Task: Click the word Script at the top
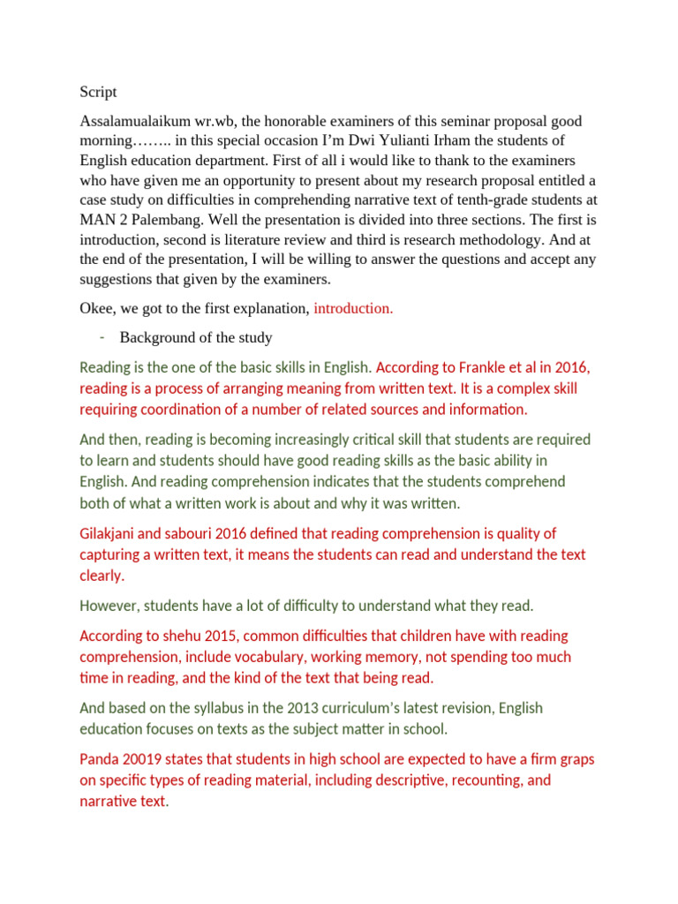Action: (x=97, y=92)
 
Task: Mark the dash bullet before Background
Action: (x=102, y=336)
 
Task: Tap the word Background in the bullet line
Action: (x=154, y=337)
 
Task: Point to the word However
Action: (x=109, y=606)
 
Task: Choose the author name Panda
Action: (x=99, y=759)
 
